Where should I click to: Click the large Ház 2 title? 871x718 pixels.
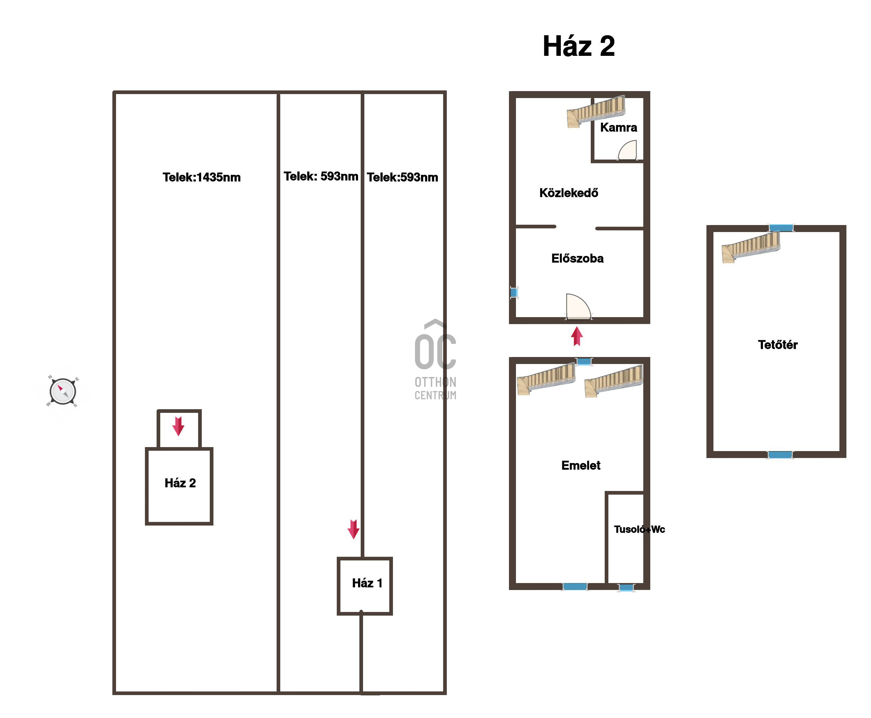pyautogui.click(x=578, y=46)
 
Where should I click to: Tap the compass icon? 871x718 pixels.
pyautogui.click(x=62, y=391)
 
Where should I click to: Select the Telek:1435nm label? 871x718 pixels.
pyautogui.click(x=201, y=178)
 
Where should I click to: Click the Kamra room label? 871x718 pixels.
pyautogui.click(x=618, y=127)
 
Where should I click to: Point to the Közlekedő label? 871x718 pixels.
pyautogui.click(x=569, y=193)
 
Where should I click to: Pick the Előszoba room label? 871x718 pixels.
pyautogui.click(x=577, y=259)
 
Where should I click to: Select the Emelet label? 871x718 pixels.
pyautogui.click(x=581, y=465)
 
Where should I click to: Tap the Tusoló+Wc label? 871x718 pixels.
pyautogui.click(x=639, y=530)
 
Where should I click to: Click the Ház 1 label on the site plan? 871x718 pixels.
pyautogui.click(x=367, y=583)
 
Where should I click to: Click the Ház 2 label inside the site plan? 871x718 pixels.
pyautogui.click(x=180, y=483)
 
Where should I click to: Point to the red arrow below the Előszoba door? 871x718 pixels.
pyautogui.click(x=577, y=336)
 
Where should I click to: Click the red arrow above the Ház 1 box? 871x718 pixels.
pyautogui.click(x=353, y=530)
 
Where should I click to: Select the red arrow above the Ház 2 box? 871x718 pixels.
pyautogui.click(x=178, y=426)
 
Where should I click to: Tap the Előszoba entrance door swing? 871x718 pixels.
pyautogui.click(x=578, y=306)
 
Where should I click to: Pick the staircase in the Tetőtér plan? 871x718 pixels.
pyautogui.click(x=751, y=247)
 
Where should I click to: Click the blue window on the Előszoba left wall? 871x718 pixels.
pyautogui.click(x=514, y=293)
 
